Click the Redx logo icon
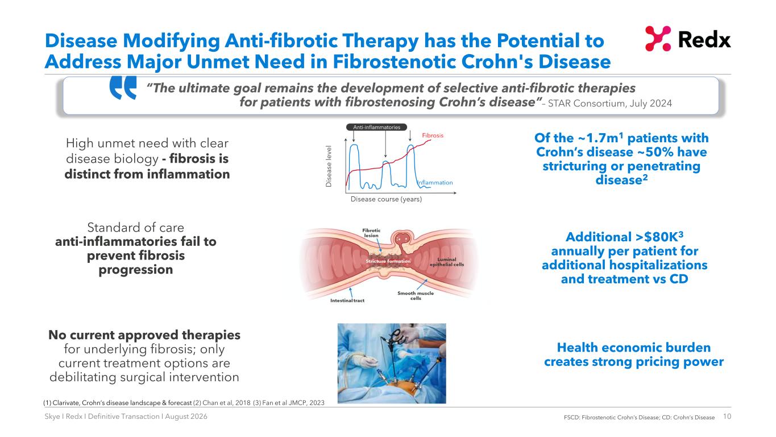point(658,39)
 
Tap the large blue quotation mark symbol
point(123,88)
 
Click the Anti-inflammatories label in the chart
point(376,127)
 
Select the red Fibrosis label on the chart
point(433,135)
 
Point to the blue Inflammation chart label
point(435,183)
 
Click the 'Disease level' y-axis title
point(329,166)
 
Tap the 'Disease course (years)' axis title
point(386,199)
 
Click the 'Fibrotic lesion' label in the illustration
point(371,233)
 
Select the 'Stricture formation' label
point(388,261)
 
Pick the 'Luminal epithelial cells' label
point(447,262)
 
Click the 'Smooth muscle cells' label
point(416,295)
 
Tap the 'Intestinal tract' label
point(347,300)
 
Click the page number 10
point(727,416)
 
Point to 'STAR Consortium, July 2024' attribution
point(609,104)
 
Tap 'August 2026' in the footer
point(186,416)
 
